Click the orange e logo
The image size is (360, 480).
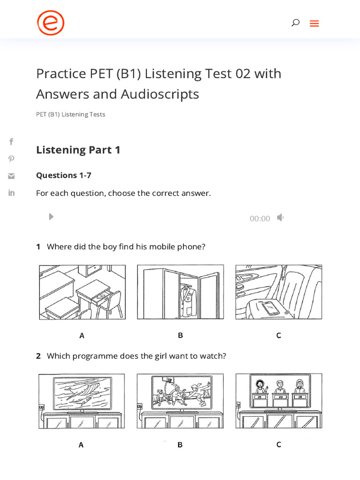click(51, 23)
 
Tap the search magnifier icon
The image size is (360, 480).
click(295, 22)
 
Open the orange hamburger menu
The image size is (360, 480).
click(314, 23)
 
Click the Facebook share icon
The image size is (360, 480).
click(11, 142)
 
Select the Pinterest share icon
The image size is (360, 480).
click(11, 159)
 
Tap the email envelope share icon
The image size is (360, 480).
click(11, 176)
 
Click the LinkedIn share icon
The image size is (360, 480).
click(11, 193)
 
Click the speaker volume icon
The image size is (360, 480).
click(280, 217)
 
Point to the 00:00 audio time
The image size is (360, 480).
click(260, 218)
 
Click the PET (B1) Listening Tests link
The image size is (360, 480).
click(71, 114)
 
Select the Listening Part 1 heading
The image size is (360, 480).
click(78, 150)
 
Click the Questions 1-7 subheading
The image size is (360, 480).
click(64, 175)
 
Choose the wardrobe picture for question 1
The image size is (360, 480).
click(180, 292)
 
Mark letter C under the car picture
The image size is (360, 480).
click(278, 335)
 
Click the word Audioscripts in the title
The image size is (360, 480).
click(160, 94)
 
